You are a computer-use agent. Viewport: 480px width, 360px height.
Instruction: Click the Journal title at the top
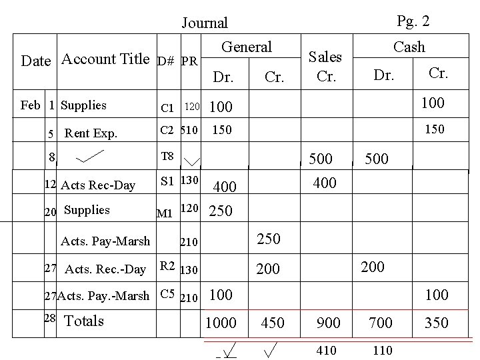(x=205, y=23)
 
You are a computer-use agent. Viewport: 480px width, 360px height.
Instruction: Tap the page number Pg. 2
(x=413, y=21)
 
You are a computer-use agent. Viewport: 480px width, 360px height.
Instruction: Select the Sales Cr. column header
(x=326, y=66)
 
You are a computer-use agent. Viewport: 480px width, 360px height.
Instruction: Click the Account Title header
(x=105, y=59)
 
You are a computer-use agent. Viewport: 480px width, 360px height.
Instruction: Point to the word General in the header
(x=247, y=47)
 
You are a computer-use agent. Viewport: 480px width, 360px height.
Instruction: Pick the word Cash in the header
(x=409, y=47)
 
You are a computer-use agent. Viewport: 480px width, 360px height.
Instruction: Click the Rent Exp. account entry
(x=91, y=133)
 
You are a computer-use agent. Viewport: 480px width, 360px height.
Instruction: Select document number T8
(x=167, y=157)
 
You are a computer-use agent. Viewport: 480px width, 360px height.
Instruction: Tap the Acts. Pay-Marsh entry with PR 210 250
(x=105, y=241)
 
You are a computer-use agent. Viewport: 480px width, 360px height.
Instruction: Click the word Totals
(x=84, y=321)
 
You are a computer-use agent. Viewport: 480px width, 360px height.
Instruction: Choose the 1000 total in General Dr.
(x=221, y=323)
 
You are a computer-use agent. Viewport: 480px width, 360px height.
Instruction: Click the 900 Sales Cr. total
(x=328, y=323)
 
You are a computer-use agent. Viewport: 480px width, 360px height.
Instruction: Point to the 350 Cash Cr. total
(x=436, y=323)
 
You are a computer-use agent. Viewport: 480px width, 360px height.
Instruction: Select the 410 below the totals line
(x=327, y=350)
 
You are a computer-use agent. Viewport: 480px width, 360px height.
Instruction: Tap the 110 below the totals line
(x=383, y=350)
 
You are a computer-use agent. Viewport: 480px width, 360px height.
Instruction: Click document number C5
(x=167, y=293)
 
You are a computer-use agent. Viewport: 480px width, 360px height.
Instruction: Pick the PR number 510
(x=189, y=130)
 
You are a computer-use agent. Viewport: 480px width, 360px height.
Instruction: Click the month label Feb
(x=30, y=105)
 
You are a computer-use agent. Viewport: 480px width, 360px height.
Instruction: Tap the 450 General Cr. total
(x=272, y=323)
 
